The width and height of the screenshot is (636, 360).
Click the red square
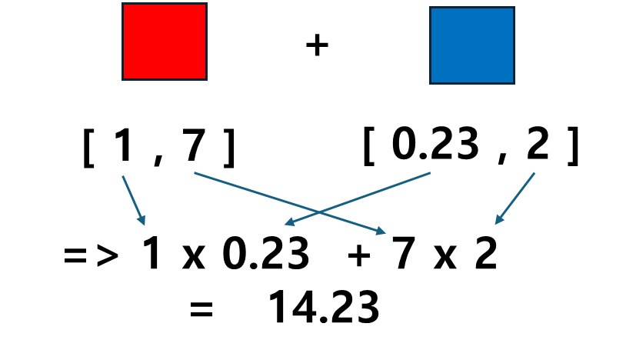165,42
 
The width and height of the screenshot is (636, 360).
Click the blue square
472,45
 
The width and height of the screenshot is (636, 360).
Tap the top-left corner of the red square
123,4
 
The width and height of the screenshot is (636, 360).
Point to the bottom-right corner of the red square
206,78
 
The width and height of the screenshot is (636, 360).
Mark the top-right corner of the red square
206,4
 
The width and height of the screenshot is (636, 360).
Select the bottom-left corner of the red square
123,78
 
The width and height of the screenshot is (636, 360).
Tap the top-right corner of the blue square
514,8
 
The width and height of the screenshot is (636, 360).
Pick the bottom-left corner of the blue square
431,82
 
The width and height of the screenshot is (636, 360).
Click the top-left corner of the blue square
431,8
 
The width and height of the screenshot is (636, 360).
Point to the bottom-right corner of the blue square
514,82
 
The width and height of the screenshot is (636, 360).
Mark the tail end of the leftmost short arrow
122,176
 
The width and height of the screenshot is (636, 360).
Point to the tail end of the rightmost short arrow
534,173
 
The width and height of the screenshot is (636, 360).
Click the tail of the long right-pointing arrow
195,173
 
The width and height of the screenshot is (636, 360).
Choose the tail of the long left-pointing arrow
431,173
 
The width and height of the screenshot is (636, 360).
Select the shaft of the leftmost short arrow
133,200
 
